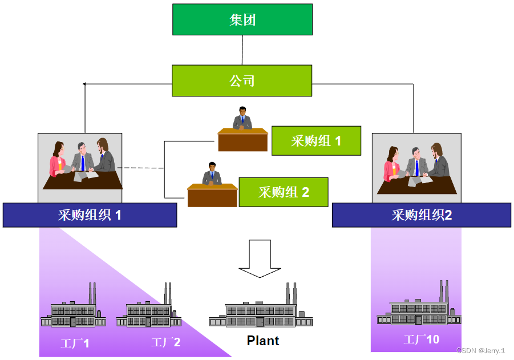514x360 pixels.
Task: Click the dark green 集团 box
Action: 242,20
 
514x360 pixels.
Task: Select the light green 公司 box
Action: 242,80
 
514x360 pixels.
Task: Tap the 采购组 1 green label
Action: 316,141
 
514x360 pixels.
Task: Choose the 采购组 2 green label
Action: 284,192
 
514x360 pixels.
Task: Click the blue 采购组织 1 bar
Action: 90,215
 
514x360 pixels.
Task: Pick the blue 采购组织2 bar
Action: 421,215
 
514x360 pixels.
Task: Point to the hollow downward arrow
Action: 260,258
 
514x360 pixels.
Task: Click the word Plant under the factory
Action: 263,341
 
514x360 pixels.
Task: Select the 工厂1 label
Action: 75,343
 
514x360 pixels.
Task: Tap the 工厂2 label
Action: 165,342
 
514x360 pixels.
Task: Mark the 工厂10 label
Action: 422,339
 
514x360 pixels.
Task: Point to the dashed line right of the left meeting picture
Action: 143,168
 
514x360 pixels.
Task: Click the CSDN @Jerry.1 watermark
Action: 480,350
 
